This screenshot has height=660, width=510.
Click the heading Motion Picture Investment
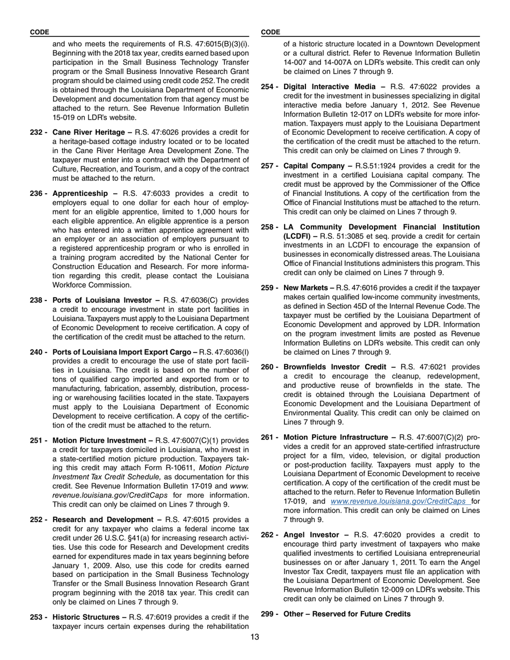(x=100, y=441)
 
